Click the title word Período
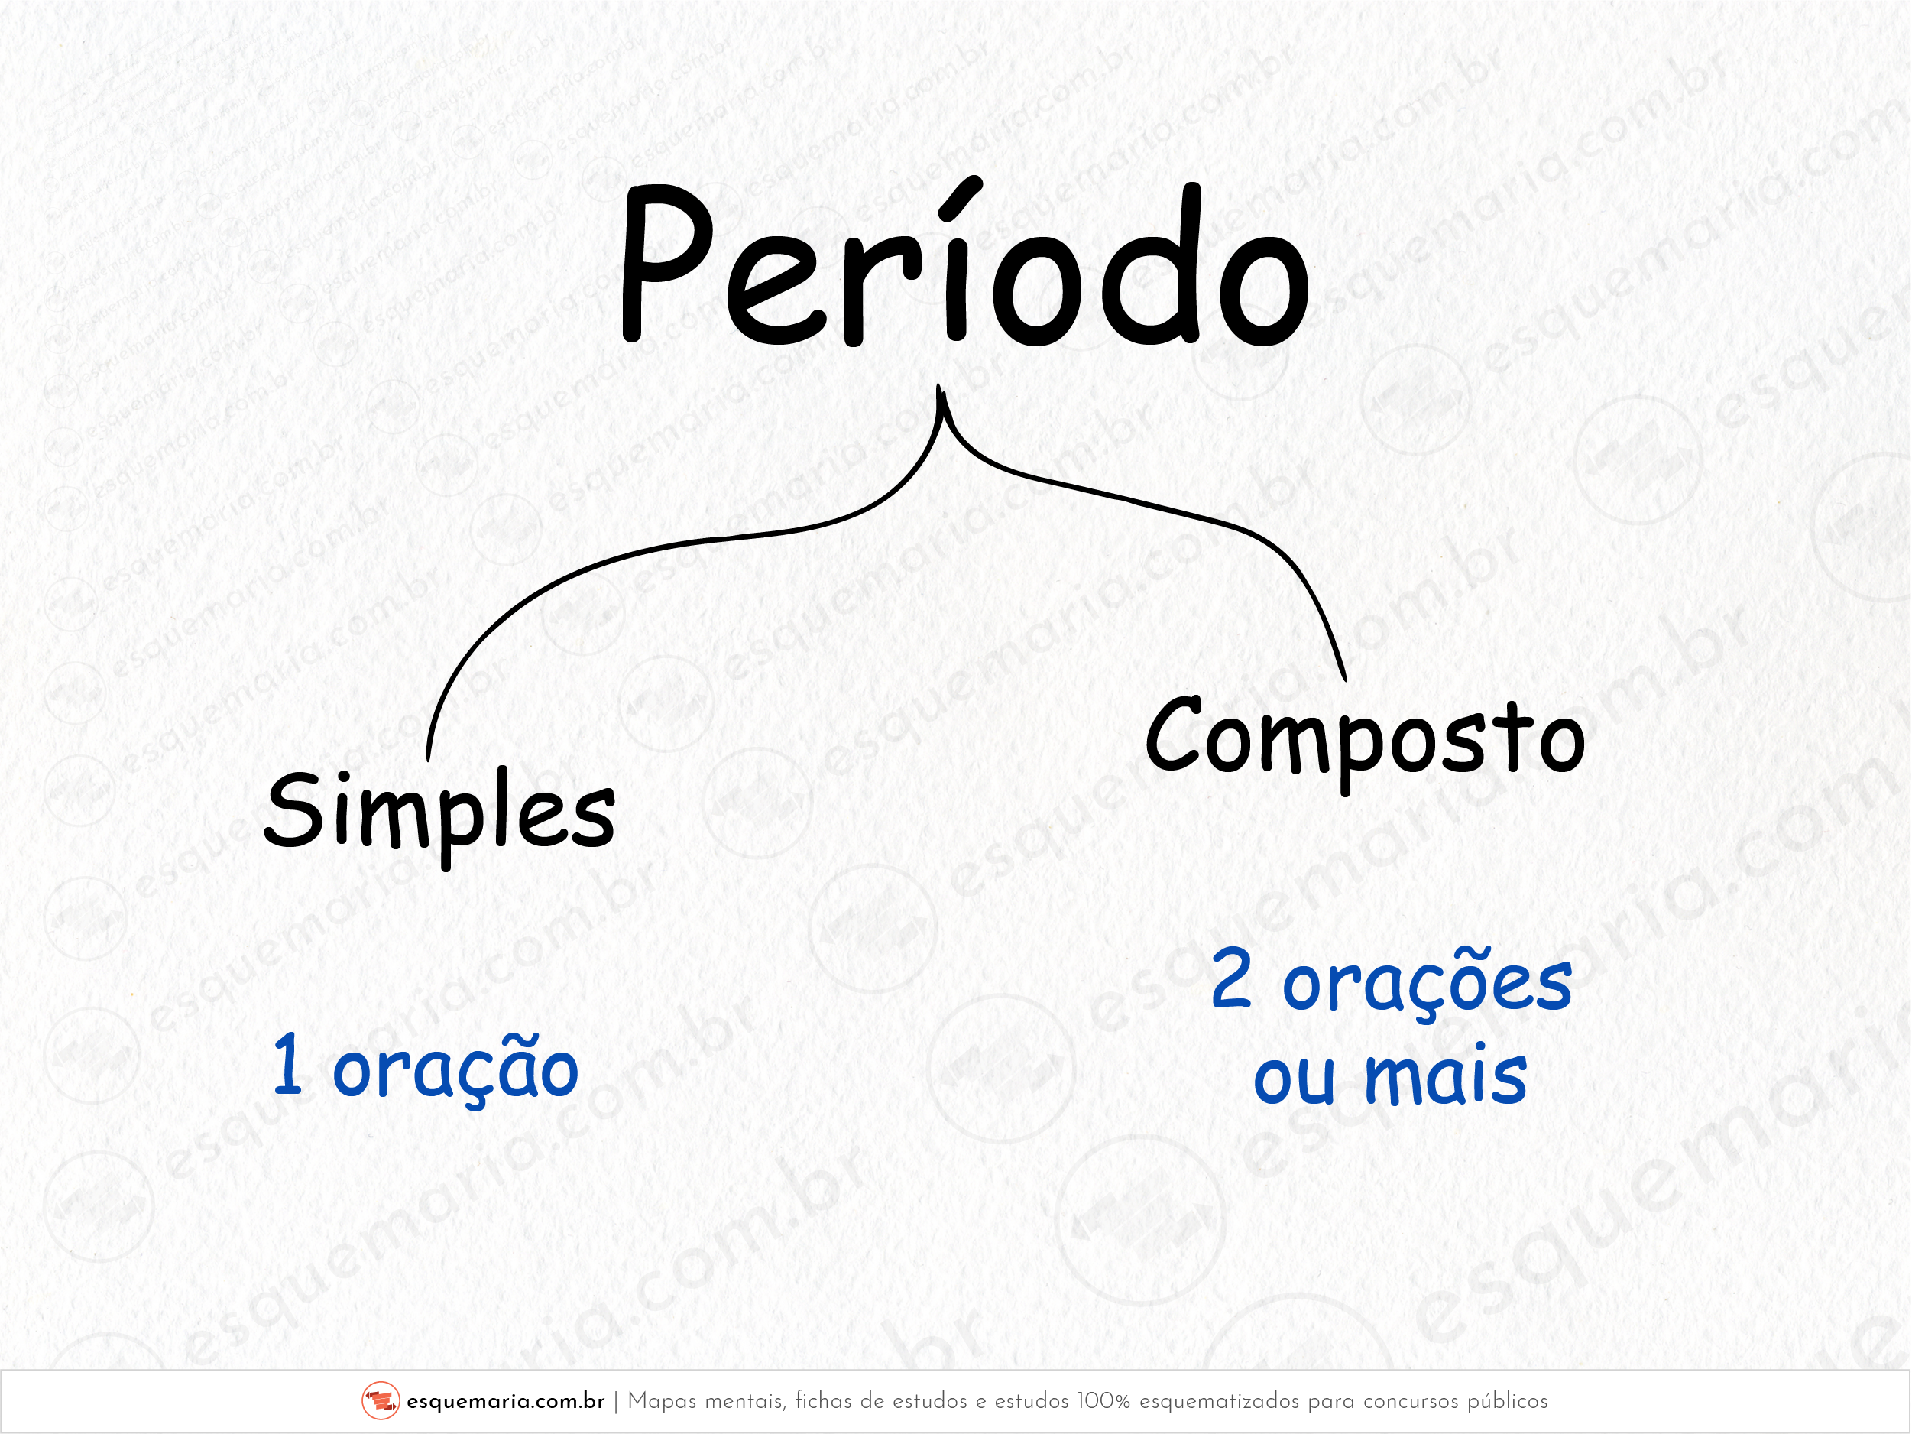coord(964,264)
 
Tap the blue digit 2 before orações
coord(1231,978)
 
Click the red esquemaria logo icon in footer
coord(381,1401)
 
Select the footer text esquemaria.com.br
coord(506,1401)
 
